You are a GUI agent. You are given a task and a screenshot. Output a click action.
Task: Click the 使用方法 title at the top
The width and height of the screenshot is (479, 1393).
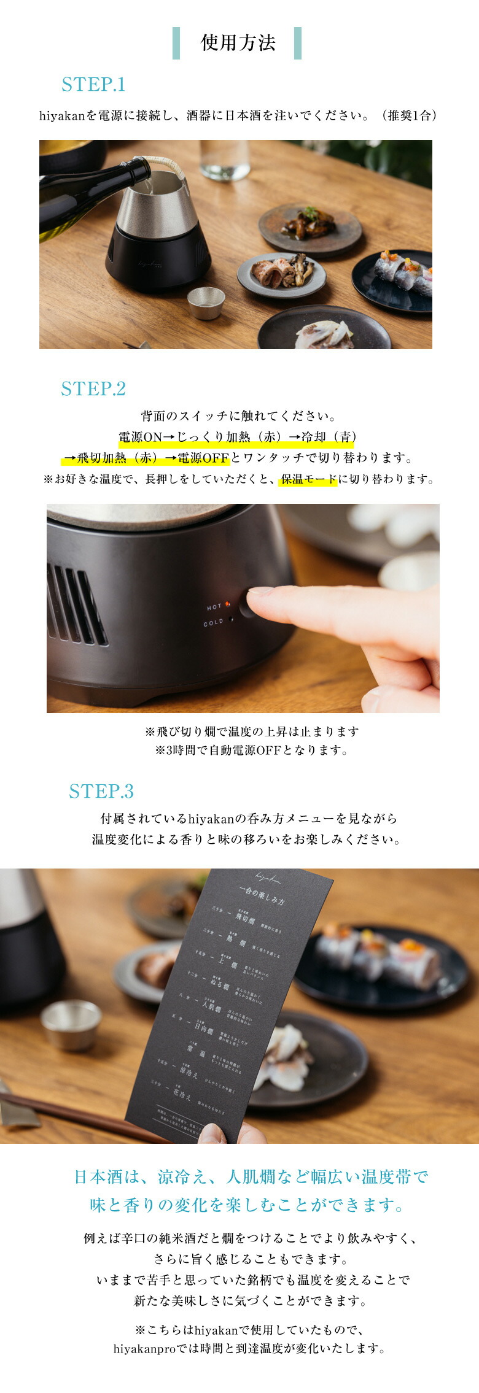(238, 43)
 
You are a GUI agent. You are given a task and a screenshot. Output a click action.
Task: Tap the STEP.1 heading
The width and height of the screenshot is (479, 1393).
(93, 85)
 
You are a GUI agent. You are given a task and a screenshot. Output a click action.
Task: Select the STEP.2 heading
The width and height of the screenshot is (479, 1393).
(93, 389)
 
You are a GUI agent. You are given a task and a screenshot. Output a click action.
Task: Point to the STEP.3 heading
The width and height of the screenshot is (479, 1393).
(101, 792)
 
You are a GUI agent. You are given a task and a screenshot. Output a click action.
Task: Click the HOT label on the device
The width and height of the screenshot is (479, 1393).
(214, 607)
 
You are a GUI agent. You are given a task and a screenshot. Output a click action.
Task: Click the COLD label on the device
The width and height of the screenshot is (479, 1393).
(213, 623)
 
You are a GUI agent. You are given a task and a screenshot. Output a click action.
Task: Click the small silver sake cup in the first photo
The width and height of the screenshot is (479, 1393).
(206, 302)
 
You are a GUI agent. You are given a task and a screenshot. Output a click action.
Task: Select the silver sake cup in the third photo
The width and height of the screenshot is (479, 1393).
(71, 1024)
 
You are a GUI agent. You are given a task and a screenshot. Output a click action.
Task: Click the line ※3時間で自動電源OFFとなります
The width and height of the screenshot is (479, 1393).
(251, 751)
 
